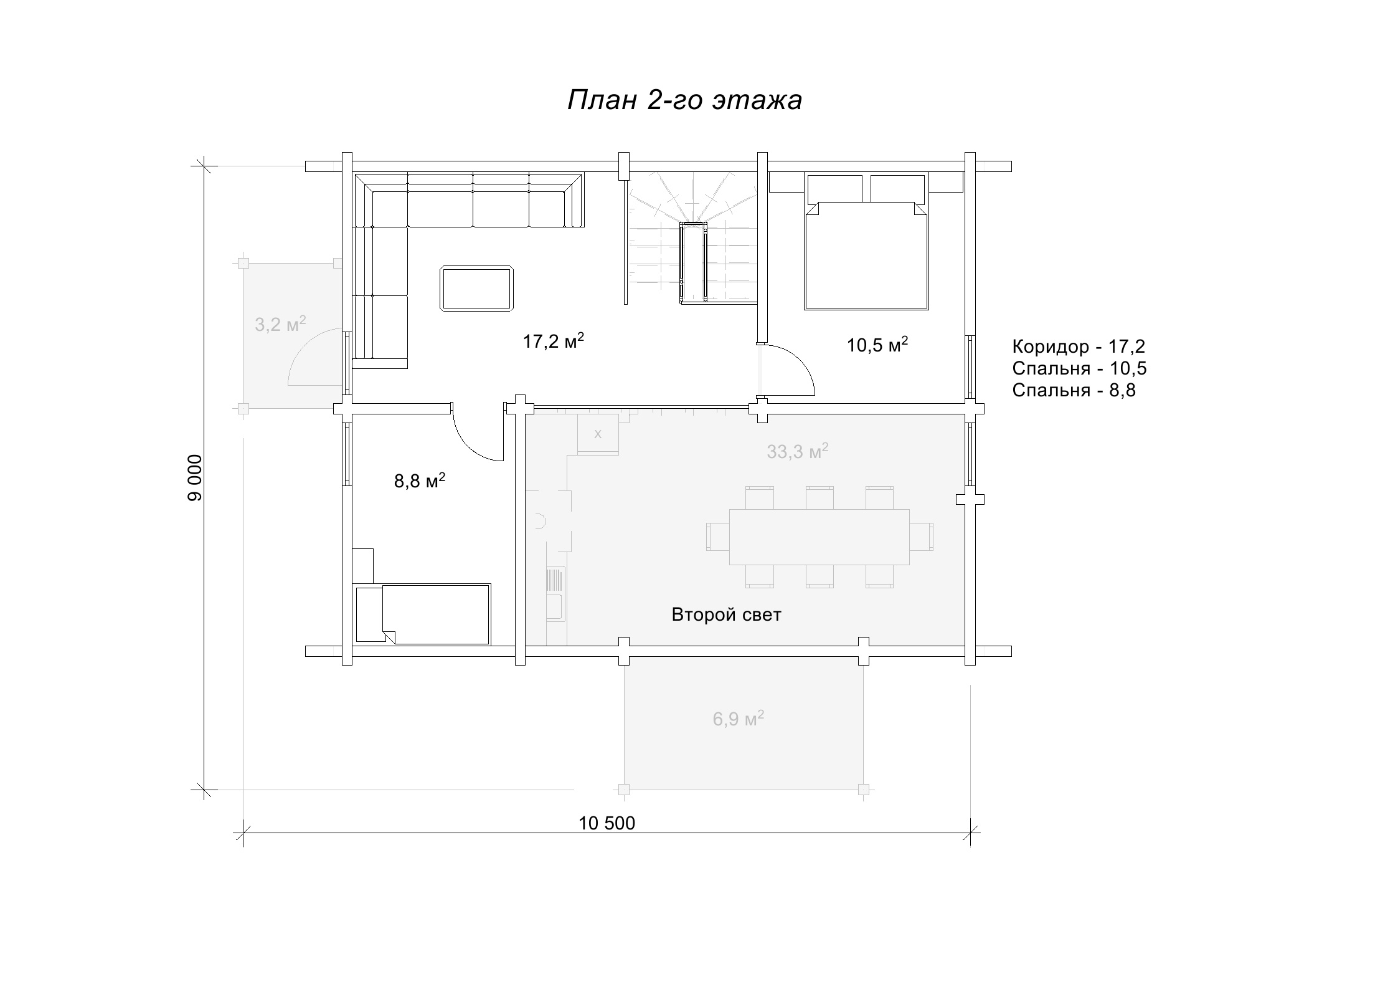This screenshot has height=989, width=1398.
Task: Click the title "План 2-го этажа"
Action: (x=684, y=100)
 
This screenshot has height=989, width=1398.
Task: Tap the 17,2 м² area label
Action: (x=554, y=341)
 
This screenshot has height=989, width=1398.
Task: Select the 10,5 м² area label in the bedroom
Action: (x=877, y=344)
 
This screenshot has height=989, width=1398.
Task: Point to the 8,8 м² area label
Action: (x=420, y=480)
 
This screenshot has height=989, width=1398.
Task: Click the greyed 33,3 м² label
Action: (x=798, y=451)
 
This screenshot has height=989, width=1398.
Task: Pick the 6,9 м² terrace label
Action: (x=739, y=719)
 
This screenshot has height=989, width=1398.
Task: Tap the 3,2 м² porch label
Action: (x=280, y=324)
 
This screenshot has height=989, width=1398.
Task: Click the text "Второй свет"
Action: (x=726, y=615)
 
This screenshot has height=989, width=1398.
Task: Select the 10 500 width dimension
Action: (x=607, y=823)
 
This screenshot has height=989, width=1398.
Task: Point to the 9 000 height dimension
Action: (x=196, y=477)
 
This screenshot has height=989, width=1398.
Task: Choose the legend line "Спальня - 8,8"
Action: (x=1074, y=390)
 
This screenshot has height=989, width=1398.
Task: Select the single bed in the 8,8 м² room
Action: (x=422, y=614)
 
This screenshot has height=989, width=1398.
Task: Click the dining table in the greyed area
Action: (x=819, y=537)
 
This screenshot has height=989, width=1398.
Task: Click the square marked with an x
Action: (x=598, y=434)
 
